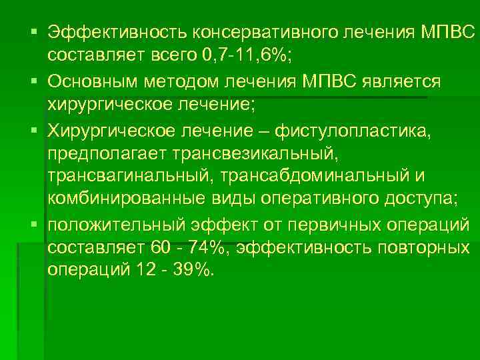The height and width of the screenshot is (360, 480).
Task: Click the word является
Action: tap(400, 81)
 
